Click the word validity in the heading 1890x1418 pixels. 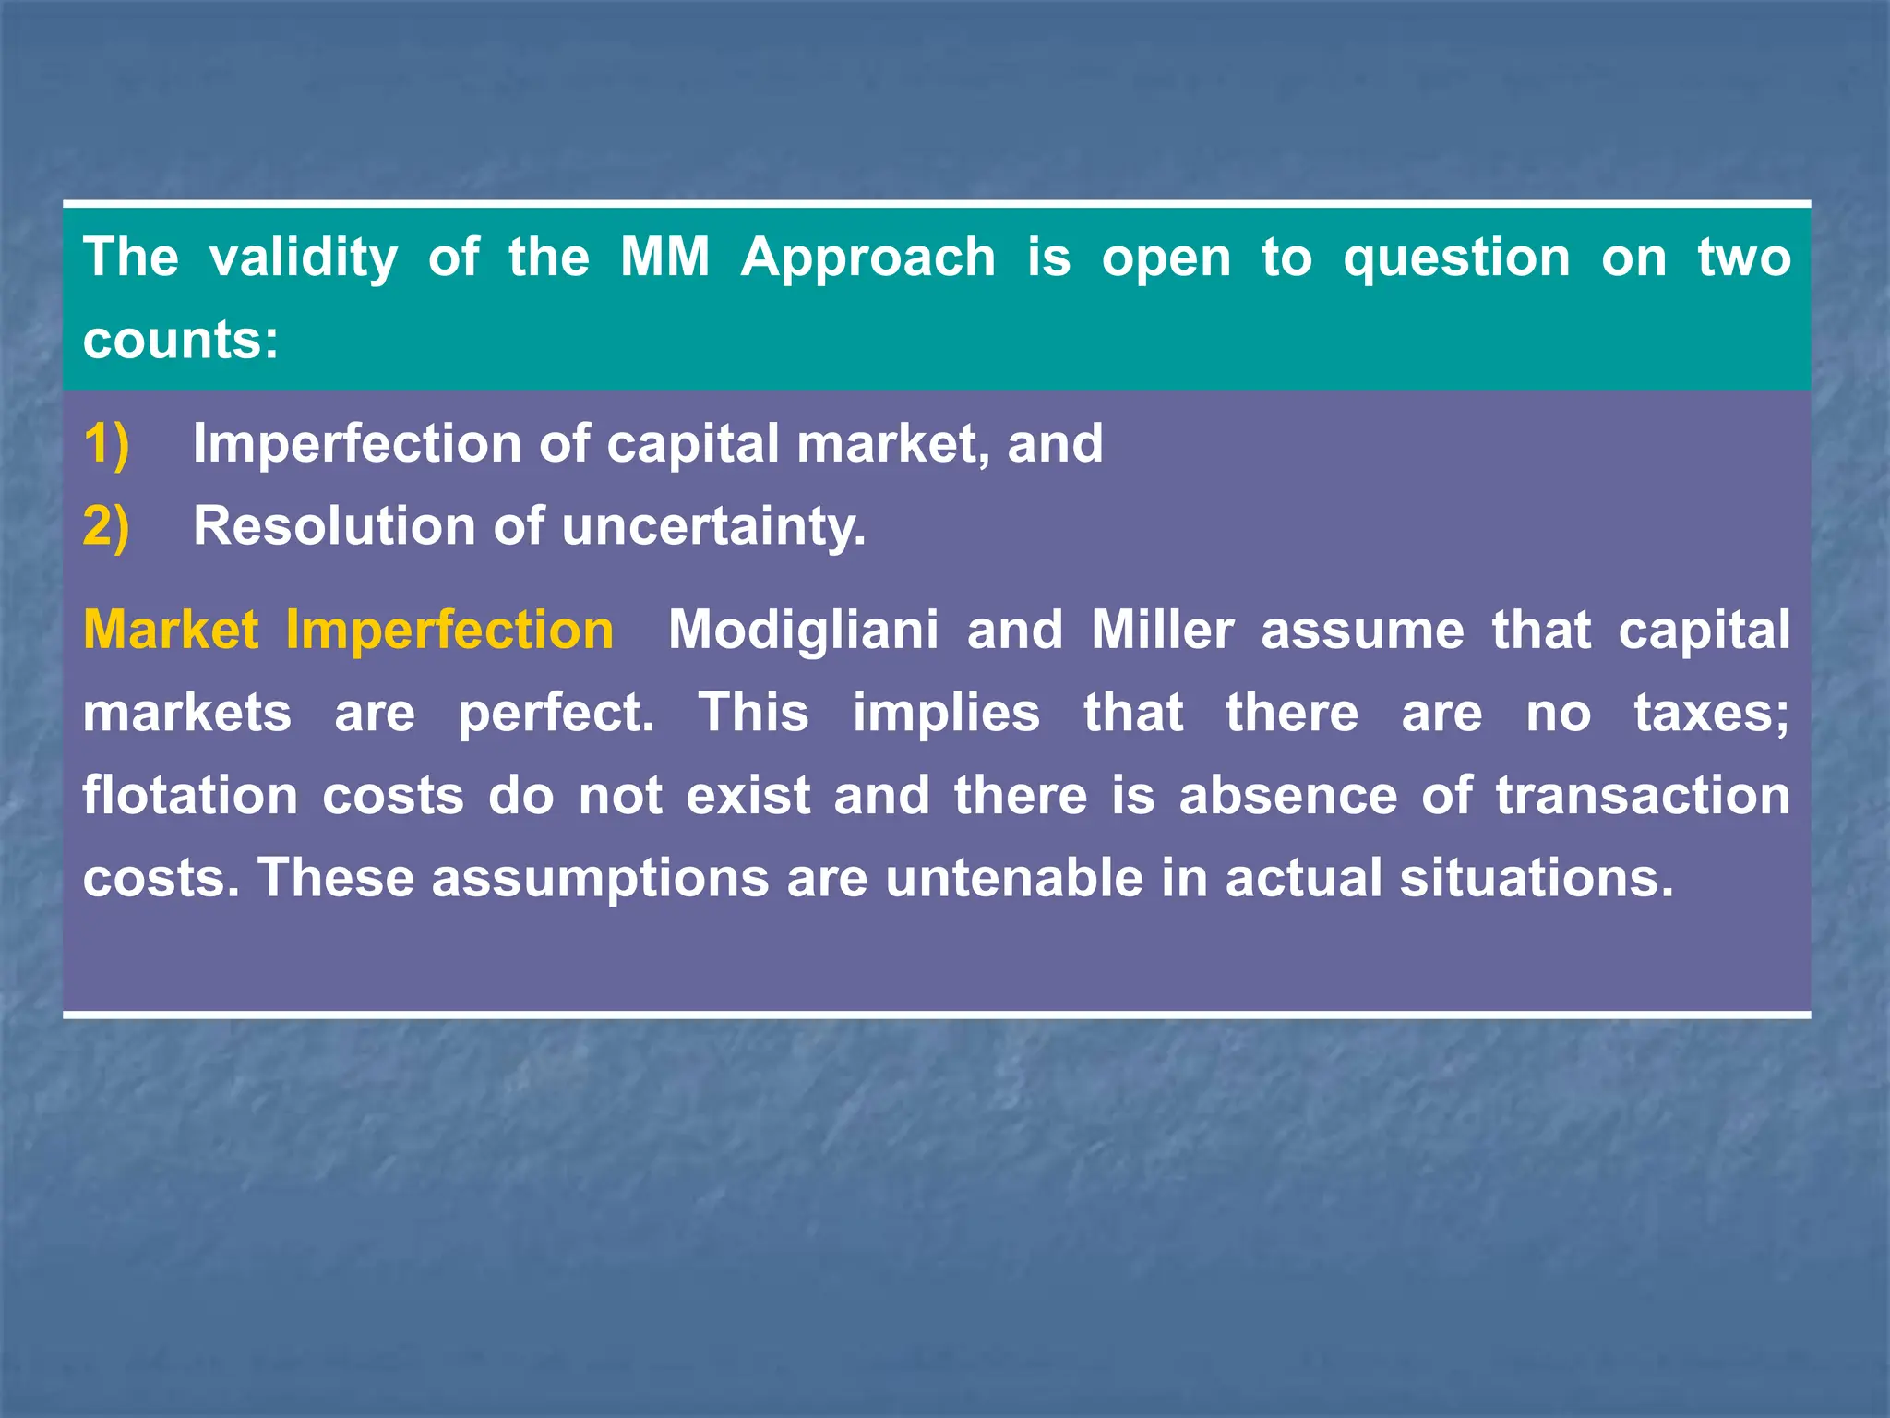[304, 258]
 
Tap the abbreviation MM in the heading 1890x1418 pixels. [664, 258]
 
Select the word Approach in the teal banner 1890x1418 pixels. [868, 258]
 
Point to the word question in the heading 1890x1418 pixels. [1456, 259]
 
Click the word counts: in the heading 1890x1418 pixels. [180, 340]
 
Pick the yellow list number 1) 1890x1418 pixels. [106, 444]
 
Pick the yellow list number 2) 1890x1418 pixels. [106, 526]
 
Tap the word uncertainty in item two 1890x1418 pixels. [713, 528]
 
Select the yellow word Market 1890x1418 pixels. [171, 631]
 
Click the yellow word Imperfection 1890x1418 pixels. [449, 632]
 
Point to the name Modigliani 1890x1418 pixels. [803, 631]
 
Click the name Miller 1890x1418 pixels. [1163, 631]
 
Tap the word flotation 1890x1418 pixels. [190, 796]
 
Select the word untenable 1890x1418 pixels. [1014, 878]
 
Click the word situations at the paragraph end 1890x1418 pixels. [1536, 878]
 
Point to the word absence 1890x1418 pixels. [1288, 796]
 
